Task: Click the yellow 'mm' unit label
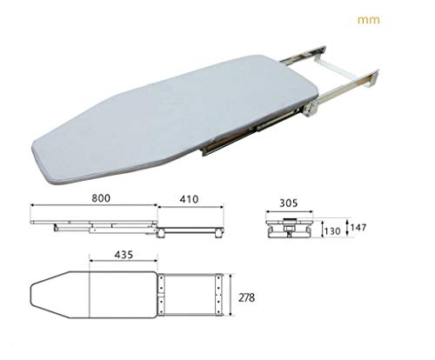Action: tap(368, 20)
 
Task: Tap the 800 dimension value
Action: tap(101, 198)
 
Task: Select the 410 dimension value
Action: tap(189, 199)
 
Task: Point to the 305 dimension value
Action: tap(288, 203)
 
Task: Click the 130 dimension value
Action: tap(332, 231)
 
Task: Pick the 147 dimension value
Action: tap(358, 228)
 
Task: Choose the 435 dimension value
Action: tap(124, 255)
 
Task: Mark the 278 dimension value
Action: tap(246, 297)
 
